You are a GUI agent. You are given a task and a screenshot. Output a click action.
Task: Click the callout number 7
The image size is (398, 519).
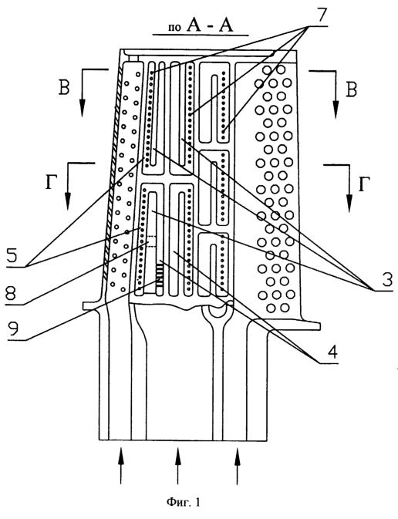319,14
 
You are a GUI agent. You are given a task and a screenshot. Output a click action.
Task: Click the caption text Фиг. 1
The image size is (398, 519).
183,503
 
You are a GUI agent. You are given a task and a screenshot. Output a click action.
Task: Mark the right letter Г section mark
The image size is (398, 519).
363,184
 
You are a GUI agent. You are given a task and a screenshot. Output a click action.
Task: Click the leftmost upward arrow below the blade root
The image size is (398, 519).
121,465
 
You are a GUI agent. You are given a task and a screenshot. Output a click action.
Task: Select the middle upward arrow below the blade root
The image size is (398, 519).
178,465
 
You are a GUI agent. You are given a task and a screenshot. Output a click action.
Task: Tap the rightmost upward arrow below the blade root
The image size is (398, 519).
237,465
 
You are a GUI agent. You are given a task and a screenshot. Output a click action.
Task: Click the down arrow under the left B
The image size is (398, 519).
82,93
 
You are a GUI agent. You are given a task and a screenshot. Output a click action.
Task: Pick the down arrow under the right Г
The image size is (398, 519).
348,188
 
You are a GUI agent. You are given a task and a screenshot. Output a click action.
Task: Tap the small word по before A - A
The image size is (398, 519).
174,28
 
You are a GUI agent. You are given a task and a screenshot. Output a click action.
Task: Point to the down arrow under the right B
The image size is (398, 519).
336,94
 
